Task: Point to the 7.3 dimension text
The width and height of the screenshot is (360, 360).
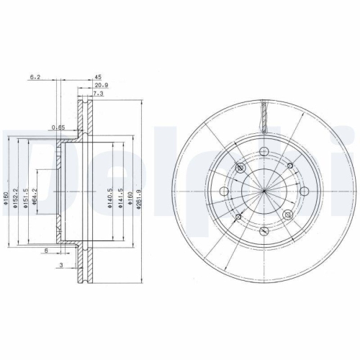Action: pos(100,94)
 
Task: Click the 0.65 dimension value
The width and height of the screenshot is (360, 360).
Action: pos(58,128)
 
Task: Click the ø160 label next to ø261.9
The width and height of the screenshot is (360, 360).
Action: pos(130,194)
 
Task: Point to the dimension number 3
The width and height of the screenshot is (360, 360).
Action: pos(61,266)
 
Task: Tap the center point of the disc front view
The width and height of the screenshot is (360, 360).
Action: pos(264,191)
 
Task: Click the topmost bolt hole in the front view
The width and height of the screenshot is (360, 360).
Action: pos(264,150)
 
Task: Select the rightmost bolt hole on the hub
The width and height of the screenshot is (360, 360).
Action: pos(305,191)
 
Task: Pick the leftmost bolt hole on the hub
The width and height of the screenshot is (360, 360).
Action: pos(224,191)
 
